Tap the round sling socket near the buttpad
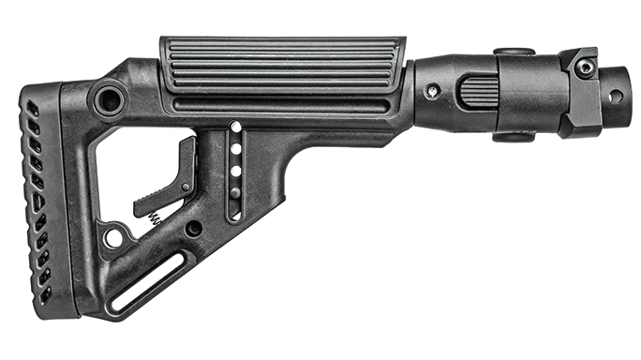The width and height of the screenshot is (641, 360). tap(109, 98)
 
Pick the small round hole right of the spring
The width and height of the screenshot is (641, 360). tap(194, 228)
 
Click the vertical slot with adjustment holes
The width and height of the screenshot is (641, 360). tap(234, 171)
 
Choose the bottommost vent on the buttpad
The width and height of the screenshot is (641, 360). tap(45, 293)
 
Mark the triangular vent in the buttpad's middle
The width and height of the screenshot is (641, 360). tap(37, 201)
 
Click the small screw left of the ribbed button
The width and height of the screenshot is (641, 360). tap(432, 92)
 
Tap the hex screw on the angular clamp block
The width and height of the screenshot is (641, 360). tap(584, 67)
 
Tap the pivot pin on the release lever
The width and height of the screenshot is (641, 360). tap(186, 187)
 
